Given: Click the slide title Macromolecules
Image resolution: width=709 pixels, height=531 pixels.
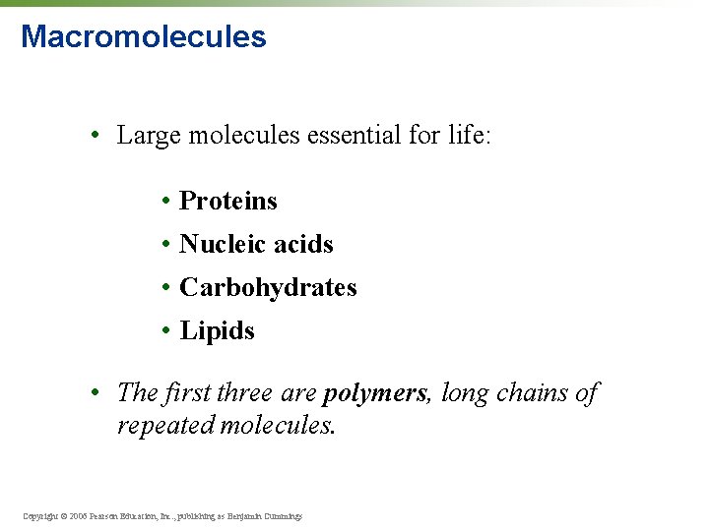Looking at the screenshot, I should (x=143, y=37).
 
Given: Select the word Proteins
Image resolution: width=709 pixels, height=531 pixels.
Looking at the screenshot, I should (x=228, y=202).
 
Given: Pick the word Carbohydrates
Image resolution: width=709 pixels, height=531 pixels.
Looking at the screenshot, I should (x=268, y=288).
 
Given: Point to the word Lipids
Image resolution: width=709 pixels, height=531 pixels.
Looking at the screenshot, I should (x=218, y=331).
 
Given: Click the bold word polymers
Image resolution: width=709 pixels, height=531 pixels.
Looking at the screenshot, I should (x=375, y=394).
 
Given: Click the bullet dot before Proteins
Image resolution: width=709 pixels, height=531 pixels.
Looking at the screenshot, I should (x=168, y=202).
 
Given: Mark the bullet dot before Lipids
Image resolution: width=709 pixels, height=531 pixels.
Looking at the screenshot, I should (x=168, y=331).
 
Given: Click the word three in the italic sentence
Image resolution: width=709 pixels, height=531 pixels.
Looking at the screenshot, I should (x=244, y=393).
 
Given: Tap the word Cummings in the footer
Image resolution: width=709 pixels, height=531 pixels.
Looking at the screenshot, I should (x=282, y=515).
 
